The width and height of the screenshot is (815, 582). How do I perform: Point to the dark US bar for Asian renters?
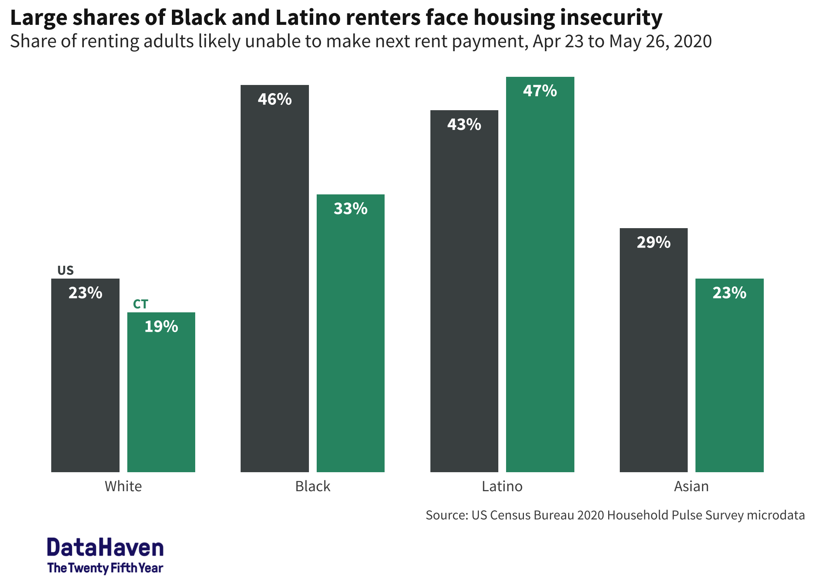point(654,357)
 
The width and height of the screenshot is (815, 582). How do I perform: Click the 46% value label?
point(274,99)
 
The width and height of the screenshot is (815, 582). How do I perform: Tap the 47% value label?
point(540,91)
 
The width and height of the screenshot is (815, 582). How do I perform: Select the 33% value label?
point(350,209)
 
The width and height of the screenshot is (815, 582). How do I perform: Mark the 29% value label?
point(654,242)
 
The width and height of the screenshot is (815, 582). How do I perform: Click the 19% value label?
point(161,327)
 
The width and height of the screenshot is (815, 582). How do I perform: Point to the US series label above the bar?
point(65,270)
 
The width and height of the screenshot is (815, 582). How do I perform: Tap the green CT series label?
point(140,304)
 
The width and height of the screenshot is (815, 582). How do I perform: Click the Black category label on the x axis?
point(312,486)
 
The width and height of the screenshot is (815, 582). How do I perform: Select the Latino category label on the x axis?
point(502,486)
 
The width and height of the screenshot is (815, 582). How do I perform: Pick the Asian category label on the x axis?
point(691,486)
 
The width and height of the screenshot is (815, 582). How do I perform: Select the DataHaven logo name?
point(105,547)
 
